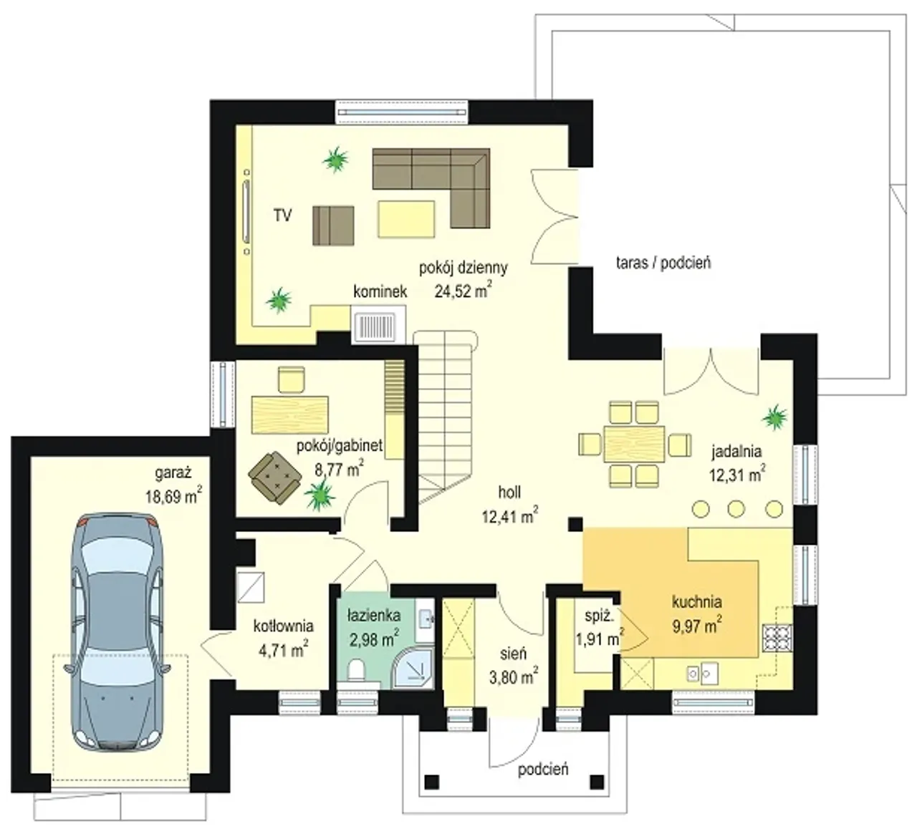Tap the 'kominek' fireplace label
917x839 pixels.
coord(380,291)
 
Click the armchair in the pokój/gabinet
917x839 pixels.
coord(274,477)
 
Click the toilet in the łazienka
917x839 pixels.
coord(356,671)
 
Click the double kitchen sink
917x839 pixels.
coord(701,673)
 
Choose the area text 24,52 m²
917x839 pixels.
coord(463,291)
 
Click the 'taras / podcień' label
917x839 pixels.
coord(663,263)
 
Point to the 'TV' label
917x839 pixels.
coord(282,215)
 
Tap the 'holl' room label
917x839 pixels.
coord(509,492)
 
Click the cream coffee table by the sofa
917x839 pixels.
coord(406,219)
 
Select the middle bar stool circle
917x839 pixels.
coord(736,508)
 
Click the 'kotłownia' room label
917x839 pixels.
coord(284,626)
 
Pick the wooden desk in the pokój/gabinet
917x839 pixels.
coord(289,415)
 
